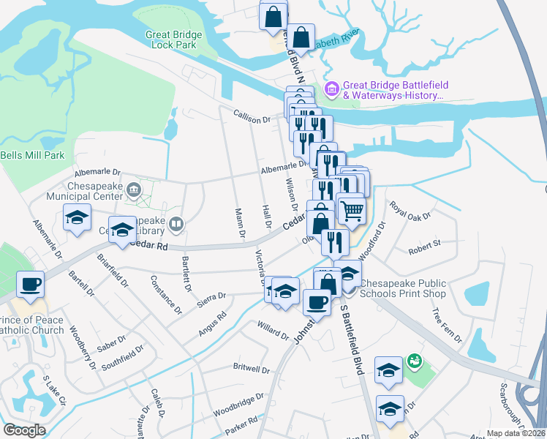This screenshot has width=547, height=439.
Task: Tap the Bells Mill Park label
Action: click(32, 155)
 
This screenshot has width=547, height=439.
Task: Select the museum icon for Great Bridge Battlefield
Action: click(332, 89)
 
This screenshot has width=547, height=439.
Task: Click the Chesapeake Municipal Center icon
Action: click(134, 191)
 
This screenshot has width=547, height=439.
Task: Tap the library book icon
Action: click(176, 224)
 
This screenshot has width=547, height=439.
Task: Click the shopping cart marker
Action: click(352, 211)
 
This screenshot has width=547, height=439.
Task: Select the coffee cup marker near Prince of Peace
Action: click(30, 285)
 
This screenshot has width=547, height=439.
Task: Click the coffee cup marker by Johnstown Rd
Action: click(317, 301)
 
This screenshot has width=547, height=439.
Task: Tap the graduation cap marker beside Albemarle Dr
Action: click(77, 219)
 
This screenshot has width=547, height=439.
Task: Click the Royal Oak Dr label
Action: click(410, 214)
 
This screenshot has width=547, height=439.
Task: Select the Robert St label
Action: click(425, 243)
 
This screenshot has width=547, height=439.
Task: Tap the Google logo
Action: click(24, 430)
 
